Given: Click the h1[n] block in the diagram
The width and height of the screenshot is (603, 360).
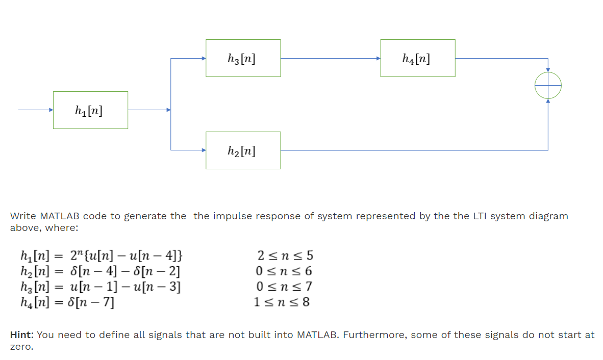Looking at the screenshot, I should (90, 110).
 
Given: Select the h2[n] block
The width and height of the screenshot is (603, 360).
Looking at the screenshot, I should (243, 150).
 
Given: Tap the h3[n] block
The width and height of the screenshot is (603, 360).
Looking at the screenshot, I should (243, 58).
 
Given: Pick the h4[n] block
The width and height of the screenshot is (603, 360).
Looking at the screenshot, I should (417, 58).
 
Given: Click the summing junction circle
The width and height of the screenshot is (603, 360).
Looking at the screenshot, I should (548, 85).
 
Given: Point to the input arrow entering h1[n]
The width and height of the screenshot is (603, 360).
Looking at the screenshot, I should (35, 110).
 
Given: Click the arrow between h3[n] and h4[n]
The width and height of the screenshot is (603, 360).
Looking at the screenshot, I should (330, 58).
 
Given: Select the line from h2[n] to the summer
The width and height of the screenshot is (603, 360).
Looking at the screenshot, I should (413, 150).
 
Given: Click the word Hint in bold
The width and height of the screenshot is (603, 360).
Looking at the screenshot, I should (21, 335).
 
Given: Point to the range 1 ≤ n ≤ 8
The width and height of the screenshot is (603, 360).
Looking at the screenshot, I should (282, 302).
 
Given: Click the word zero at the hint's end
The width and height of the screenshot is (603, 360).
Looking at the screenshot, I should (20, 347).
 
